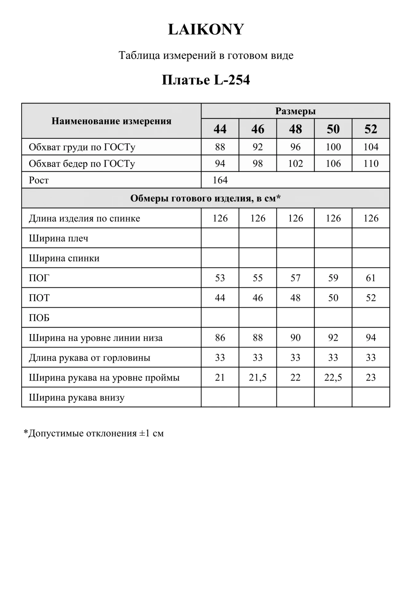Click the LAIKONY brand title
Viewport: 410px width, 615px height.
pos(206,30)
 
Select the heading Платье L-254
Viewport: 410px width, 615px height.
pos(206,80)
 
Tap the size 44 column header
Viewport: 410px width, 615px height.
pos(220,129)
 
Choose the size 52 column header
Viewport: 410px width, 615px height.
pos(371,129)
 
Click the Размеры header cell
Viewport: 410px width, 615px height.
pos(295,111)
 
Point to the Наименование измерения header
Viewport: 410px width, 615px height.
pos(111,121)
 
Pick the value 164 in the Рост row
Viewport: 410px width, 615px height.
pos(220,180)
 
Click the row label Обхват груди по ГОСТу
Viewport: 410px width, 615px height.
pos(82,147)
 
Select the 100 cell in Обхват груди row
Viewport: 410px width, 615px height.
pos(333,147)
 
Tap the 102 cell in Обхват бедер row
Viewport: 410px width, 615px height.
pos(295,163)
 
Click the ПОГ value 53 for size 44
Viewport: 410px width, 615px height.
pos(220,278)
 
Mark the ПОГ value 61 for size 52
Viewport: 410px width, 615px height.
pos(371,278)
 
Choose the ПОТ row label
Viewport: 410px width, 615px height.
pos(39,298)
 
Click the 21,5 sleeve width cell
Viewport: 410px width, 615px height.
pos(258,377)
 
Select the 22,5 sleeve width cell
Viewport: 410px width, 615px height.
pos(333,377)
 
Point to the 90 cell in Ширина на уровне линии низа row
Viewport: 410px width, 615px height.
pos(295,338)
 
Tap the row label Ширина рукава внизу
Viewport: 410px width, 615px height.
pos(77,398)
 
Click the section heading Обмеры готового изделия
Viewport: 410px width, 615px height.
pos(205,198)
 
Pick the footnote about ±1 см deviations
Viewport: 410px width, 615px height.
pos(94,433)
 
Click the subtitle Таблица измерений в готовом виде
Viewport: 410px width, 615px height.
pos(206,55)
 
